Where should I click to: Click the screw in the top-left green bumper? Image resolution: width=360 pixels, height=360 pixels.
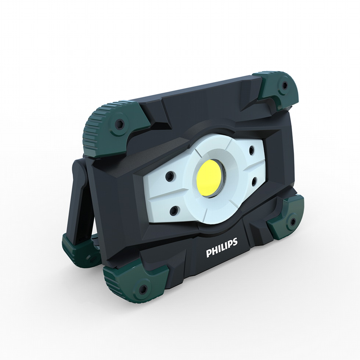pos(118,124)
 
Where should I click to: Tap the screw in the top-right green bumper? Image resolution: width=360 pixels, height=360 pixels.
pos(284,85)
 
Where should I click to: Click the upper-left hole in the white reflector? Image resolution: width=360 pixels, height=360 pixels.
pos(169,176)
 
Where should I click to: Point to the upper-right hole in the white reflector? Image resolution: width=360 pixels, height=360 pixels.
pos(252,150)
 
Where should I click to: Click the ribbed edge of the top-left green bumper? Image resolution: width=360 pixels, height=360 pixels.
pos(92,129)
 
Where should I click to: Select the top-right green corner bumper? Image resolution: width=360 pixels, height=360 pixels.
pos(279,88)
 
